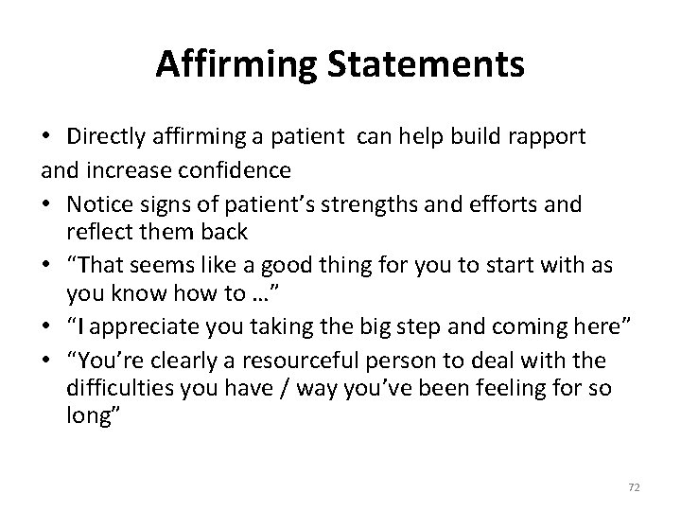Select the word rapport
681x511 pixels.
[546, 136]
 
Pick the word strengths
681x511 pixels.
[374, 203]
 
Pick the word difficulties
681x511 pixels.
[115, 388]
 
